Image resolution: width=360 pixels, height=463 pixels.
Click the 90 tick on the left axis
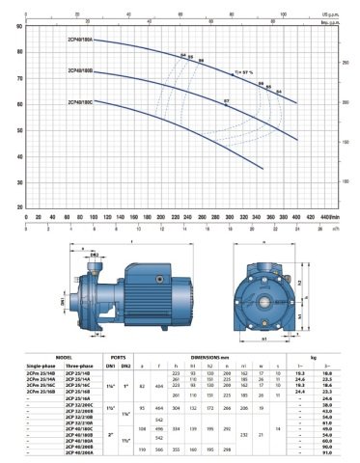pyautogui.click(x=19, y=26)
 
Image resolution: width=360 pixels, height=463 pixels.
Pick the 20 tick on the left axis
pyautogui.click(x=19, y=206)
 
